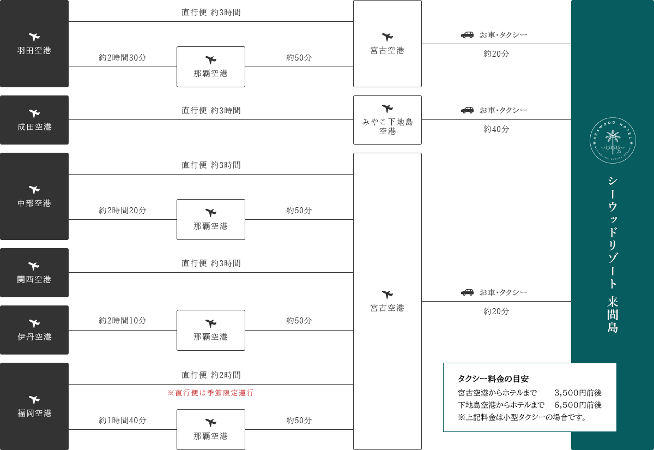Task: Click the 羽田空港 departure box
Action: click(x=34, y=44)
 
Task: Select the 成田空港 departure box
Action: click(x=34, y=120)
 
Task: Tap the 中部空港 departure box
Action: click(x=34, y=196)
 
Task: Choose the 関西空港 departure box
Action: click(x=34, y=273)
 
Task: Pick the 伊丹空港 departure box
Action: click(x=34, y=330)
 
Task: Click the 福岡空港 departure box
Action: click(x=34, y=406)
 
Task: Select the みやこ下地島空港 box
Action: click(x=387, y=120)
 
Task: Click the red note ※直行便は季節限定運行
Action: click(x=210, y=393)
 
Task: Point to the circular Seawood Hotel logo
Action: click(x=613, y=141)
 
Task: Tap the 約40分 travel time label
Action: click(x=496, y=129)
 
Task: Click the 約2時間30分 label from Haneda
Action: click(x=122, y=58)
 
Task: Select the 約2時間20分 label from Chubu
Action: click(x=122, y=211)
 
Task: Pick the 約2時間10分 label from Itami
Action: click(x=122, y=321)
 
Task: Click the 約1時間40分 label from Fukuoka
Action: click(x=122, y=420)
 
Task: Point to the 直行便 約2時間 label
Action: click(x=211, y=375)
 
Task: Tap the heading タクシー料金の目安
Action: click(x=493, y=379)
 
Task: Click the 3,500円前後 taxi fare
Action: click(x=578, y=393)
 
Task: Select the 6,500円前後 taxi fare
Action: click(x=578, y=405)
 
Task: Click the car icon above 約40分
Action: click(x=467, y=110)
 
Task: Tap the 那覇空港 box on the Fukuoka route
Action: click(x=211, y=430)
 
